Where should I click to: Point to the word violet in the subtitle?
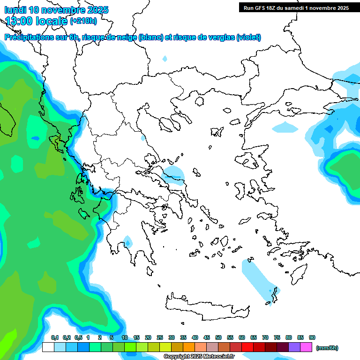[249, 37]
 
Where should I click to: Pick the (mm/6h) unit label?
[327, 348]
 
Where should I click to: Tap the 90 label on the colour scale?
[312, 338]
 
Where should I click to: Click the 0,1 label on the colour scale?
[54, 338]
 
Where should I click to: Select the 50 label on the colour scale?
[218, 338]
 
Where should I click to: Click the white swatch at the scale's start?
[48, 347]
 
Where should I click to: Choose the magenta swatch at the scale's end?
[306, 347]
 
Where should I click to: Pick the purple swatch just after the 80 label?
[294, 347]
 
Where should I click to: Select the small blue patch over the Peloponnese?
[127, 241]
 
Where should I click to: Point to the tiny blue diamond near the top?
[165, 59]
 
